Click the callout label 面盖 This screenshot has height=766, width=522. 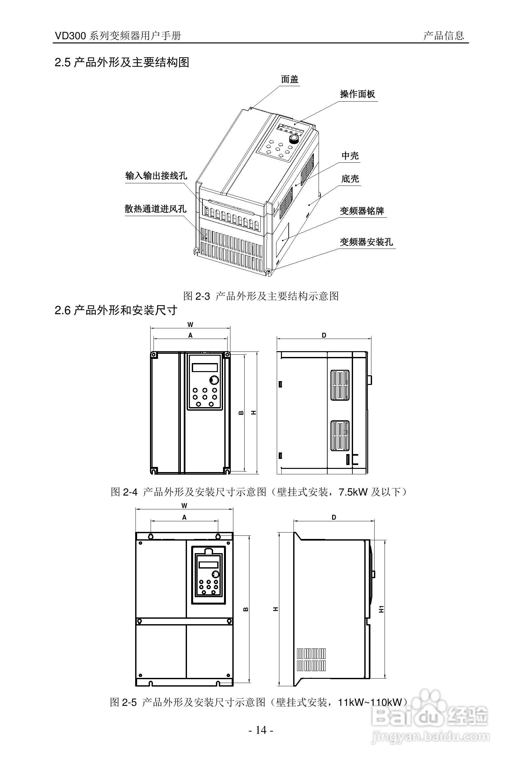tap(290, 79)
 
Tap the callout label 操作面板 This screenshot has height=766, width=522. tap(358, 94)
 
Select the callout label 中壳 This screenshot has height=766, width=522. tap(350, 156)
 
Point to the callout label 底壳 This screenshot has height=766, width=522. tap(350, 179)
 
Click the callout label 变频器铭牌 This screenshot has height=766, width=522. tap(362, 211)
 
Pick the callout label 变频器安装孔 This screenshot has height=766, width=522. tap(366, 242)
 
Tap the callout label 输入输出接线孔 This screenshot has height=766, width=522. tap(156, 176)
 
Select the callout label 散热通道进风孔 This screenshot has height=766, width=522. tap(155, 209)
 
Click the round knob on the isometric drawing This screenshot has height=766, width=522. tap(293, 139)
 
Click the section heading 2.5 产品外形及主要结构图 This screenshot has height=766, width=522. tap(122, 62)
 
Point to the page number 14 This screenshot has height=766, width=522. tap(260, 730)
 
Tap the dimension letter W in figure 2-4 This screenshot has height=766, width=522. tap(190, 325)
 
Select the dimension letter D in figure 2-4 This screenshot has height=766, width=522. tap(324, 335)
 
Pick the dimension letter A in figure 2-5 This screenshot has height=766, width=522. tap(184, 517)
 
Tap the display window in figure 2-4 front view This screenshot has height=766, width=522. tap(204, 368)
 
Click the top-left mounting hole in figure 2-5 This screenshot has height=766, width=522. tap(151, 536)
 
